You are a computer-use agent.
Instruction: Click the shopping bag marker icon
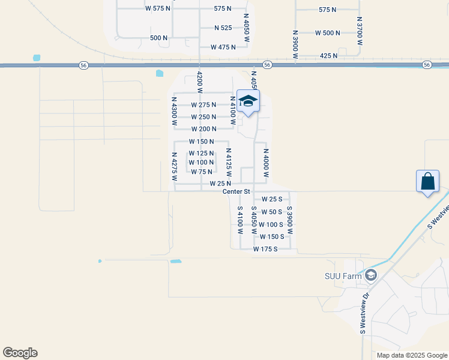tap(428, 181)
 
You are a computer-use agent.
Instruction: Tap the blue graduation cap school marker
tap(248, 101)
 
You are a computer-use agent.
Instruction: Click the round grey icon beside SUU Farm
tap(371, 275)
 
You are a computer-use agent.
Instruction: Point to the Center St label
tap(236, 191)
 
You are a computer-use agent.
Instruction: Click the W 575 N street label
tap(158, 8)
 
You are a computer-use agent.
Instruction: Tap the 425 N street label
tap(328, 55)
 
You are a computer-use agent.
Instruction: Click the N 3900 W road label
tap(295, 44)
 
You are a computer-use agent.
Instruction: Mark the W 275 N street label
tap(203, 105)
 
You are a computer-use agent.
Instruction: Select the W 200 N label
tap(203, 129)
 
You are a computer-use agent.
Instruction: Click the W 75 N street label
tap(202, 172)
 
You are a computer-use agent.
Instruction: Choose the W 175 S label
tap(265, 248)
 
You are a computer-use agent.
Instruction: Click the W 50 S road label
tap(271, 212)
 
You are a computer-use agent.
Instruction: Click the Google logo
tap(20, 353)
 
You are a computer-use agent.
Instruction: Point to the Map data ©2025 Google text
tap(411, 355)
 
